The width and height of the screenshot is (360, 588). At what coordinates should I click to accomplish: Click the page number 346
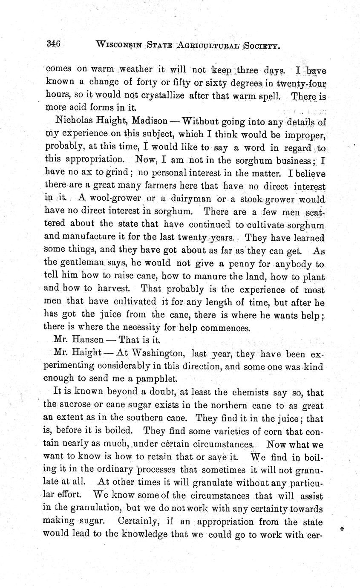pos(55,43)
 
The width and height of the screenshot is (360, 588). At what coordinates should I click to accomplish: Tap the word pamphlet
pos(147,378)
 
